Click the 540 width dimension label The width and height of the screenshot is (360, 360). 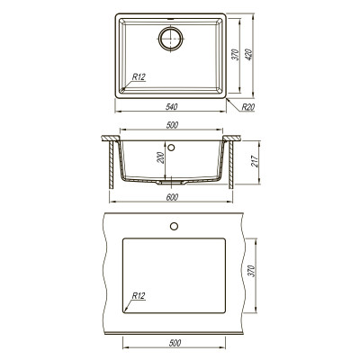172,106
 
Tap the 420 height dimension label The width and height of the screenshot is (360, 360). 249,54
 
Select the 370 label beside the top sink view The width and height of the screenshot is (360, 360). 237,54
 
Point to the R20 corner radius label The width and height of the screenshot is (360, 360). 248,106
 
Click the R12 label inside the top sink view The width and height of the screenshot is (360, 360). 139,77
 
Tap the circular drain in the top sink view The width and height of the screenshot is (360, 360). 171,39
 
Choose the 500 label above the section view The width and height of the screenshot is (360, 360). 172,125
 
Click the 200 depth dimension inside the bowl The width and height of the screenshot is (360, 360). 161,157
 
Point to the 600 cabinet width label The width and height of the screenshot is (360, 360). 172,197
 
